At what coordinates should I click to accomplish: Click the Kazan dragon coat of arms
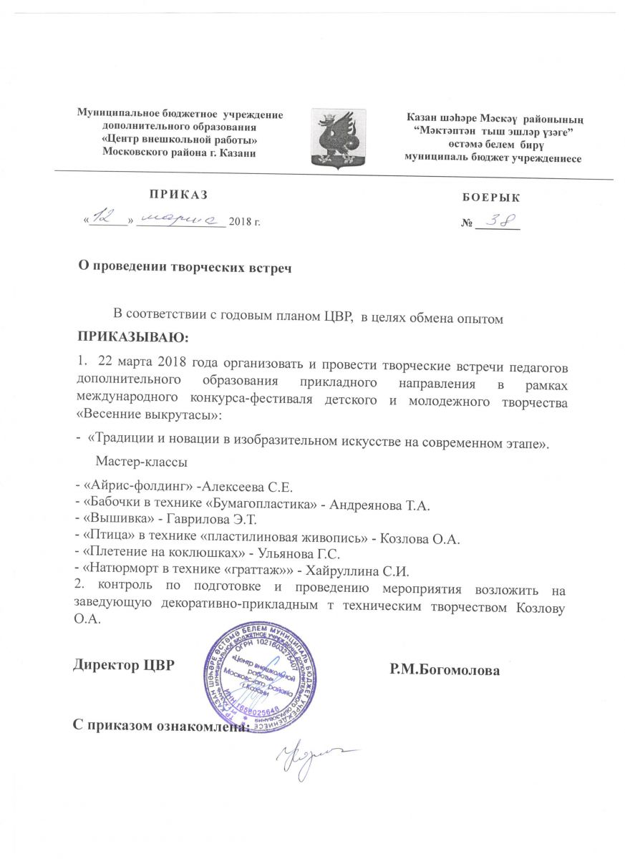click(x=338, y=138)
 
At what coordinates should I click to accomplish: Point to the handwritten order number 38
click(x=498, y=220)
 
